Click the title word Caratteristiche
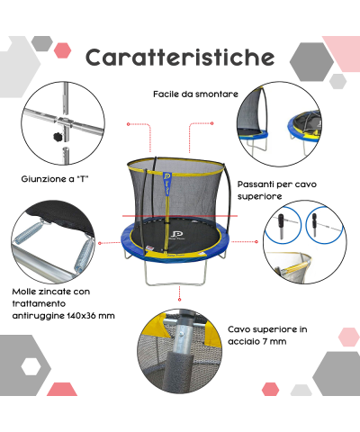tap(180, 57)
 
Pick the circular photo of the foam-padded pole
tap(178, 359)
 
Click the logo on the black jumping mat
tap(178, 238)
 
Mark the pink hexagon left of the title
tap(64, 49)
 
